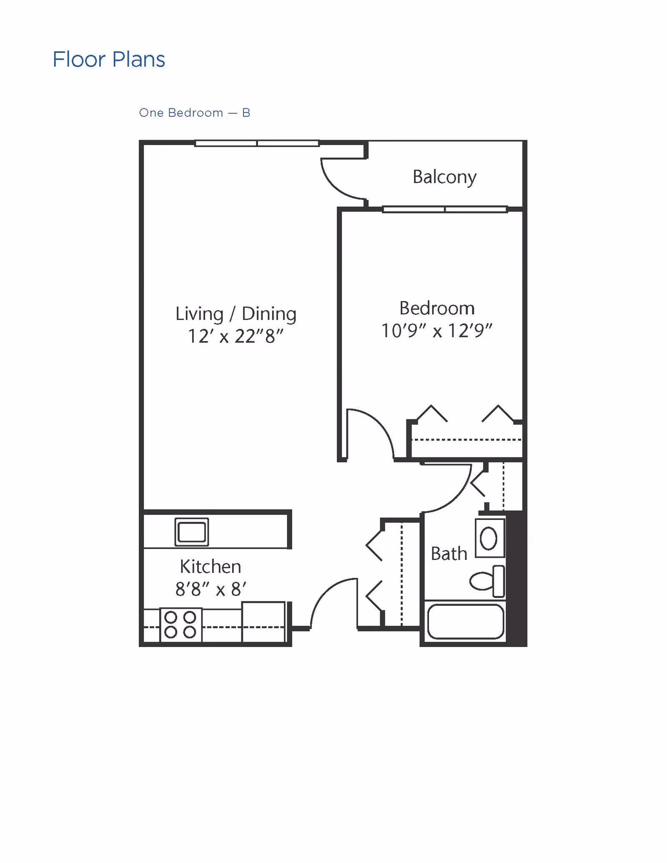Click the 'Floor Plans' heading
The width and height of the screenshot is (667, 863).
(109, 59)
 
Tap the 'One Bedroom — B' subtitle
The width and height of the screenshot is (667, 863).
(195, 113)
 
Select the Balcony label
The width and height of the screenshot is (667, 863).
(444, 177)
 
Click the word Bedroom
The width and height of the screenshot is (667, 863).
(437, 308)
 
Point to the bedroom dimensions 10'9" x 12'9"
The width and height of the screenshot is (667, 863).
(437, 331)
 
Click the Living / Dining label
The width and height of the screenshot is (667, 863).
(236, 314)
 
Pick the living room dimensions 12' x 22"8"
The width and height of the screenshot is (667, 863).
(236, 336)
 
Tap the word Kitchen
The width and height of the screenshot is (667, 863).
(211, 567)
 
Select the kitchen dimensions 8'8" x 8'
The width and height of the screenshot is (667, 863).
(211, 589)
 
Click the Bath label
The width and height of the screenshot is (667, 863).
(449, 554)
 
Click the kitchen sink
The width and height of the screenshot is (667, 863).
(192, 532)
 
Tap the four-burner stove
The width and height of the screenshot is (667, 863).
(181, 625)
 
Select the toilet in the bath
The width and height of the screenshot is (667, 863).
(487, 581)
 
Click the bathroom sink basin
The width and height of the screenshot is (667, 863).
(489, 538)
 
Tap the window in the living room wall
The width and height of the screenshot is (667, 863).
(257, 143)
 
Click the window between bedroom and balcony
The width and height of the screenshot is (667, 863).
(445, 209)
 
